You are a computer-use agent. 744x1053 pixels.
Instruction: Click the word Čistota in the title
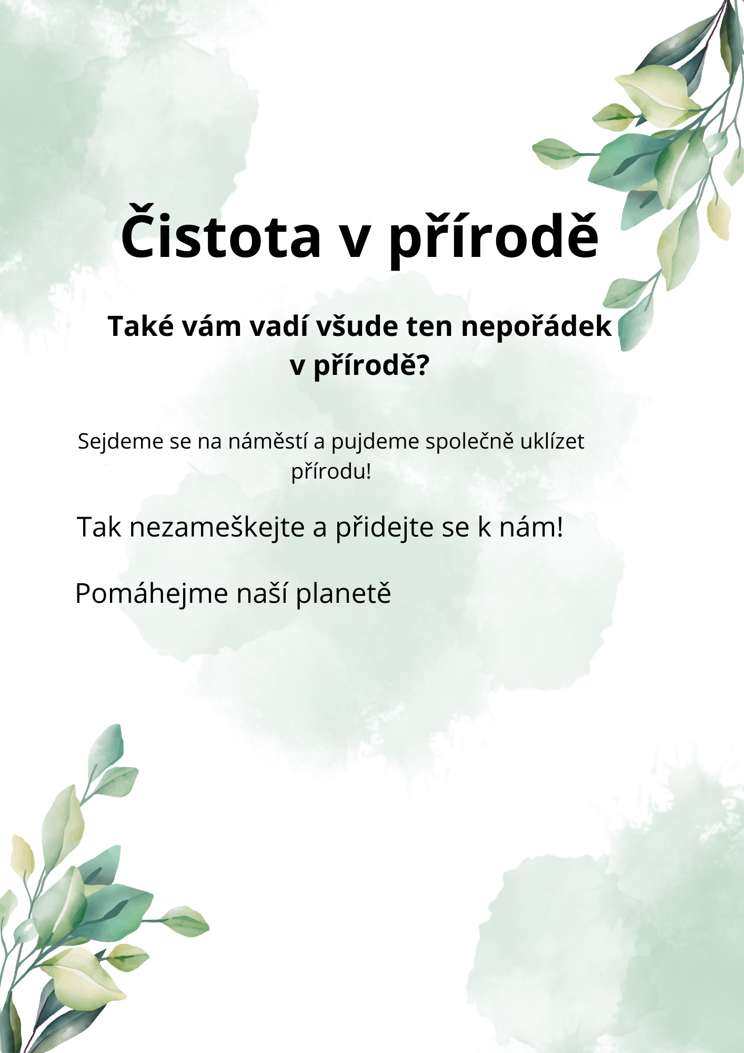coord(221,232)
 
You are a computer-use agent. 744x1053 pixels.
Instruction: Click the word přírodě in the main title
coord(494,236)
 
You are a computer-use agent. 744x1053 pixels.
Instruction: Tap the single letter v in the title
coord(356,240)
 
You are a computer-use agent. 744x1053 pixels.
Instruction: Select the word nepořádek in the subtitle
coord(537,327)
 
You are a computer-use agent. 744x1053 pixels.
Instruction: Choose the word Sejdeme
coord(121,442)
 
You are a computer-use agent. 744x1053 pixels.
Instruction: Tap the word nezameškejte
coord(217,527)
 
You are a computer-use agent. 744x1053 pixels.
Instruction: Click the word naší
coord(262,593)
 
